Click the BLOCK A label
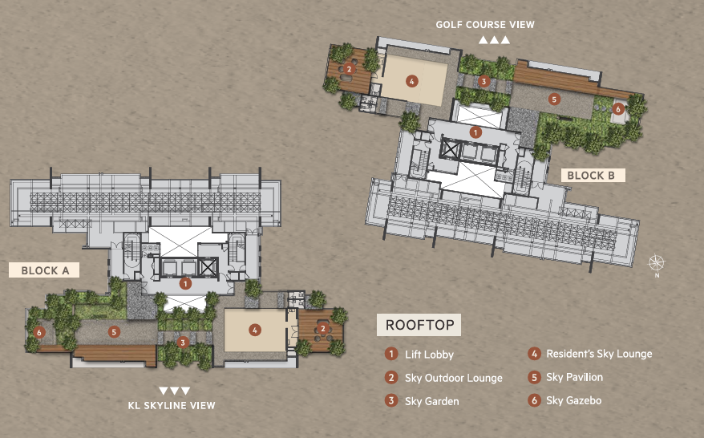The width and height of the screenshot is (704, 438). click(x=44, y=270)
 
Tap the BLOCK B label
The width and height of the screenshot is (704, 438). click(x=593, y=175)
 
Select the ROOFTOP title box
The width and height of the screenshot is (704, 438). click(x=419, y=325)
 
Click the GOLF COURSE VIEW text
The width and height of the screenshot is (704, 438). click(x=485, y=25)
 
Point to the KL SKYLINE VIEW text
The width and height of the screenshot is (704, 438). click(x=172, y=405)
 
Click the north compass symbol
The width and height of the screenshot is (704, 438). click(x=657, y=264)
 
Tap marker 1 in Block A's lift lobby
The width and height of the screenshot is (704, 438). click(x=185, y=283)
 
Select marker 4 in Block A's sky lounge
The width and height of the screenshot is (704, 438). click(x=254, y=331)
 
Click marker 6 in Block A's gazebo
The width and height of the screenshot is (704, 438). click(x=39, y=332)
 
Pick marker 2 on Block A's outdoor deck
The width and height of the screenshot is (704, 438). click(x=322, y=329)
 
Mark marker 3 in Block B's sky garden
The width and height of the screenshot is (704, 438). click(x=483, y=81)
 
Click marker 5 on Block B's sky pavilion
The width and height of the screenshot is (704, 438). click(x=554, y=99)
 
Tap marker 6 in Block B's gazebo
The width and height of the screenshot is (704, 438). click(x=618, y=108)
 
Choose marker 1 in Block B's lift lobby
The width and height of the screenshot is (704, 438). click(x=475, y=132)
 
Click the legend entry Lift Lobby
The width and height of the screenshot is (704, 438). click(x=429, y=355)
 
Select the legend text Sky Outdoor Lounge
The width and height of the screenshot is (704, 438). click(x=454, y=379)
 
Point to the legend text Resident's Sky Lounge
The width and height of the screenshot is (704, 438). click(x=599, y=354)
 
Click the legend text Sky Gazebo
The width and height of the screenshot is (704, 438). click(x=574, y=400)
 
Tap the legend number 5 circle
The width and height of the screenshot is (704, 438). click(x=534, y=377)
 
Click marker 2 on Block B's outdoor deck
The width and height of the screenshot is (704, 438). click(x=349, y=69)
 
